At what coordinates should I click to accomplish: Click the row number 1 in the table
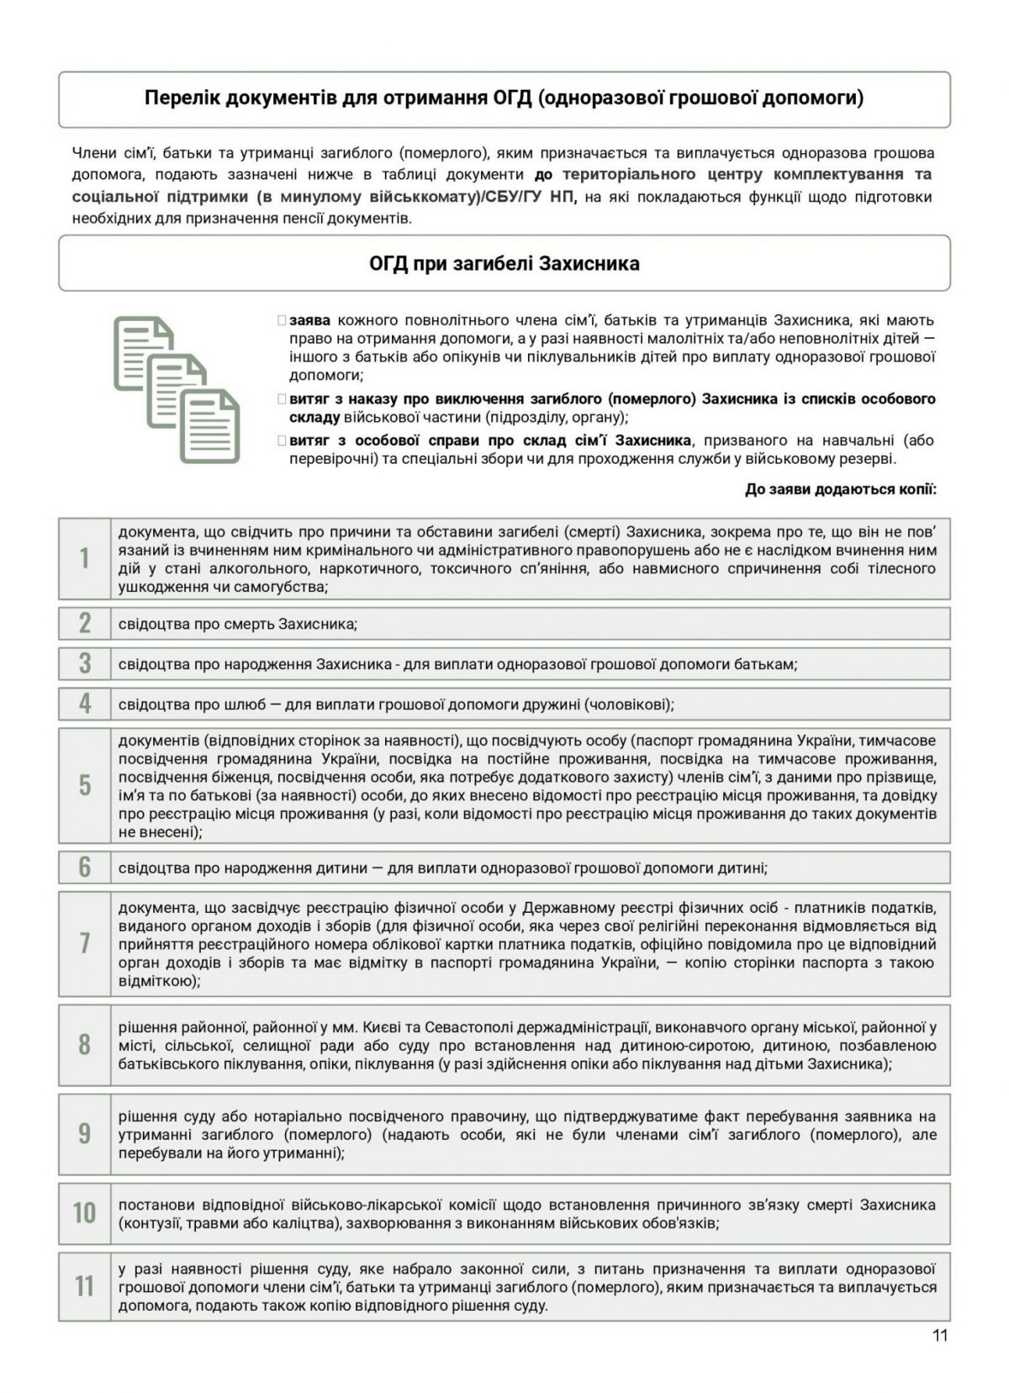click(x=84, y=558)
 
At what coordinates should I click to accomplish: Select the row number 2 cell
click(x=84, y=623)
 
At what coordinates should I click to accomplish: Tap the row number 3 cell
click(x=84, y=663)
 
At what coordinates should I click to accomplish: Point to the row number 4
click(x=84, y=704)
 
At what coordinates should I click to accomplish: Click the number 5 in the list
click(x=84, y=785)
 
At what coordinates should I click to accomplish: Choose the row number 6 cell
click(x=84, y=867)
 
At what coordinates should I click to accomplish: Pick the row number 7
click(x=84, y=943)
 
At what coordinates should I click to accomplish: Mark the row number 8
click(x=84, y=1044)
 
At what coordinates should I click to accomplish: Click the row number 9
click(x=84, y=1134)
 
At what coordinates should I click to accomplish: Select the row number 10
click(x=84, y=1213)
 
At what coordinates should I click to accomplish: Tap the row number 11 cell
click(x=84, y=1286)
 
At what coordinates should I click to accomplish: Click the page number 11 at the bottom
click(x=940, y=1336)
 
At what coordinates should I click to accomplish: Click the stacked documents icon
click(x=177, y=388)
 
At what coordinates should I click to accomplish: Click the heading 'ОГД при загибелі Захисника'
click(x=504, y=264)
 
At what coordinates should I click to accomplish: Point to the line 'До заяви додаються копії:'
click(x=840, y=489)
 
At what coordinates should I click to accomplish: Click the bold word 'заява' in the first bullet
click(x=309, y=320)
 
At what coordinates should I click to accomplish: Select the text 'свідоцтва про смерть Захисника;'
click(x=238, y=624)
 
